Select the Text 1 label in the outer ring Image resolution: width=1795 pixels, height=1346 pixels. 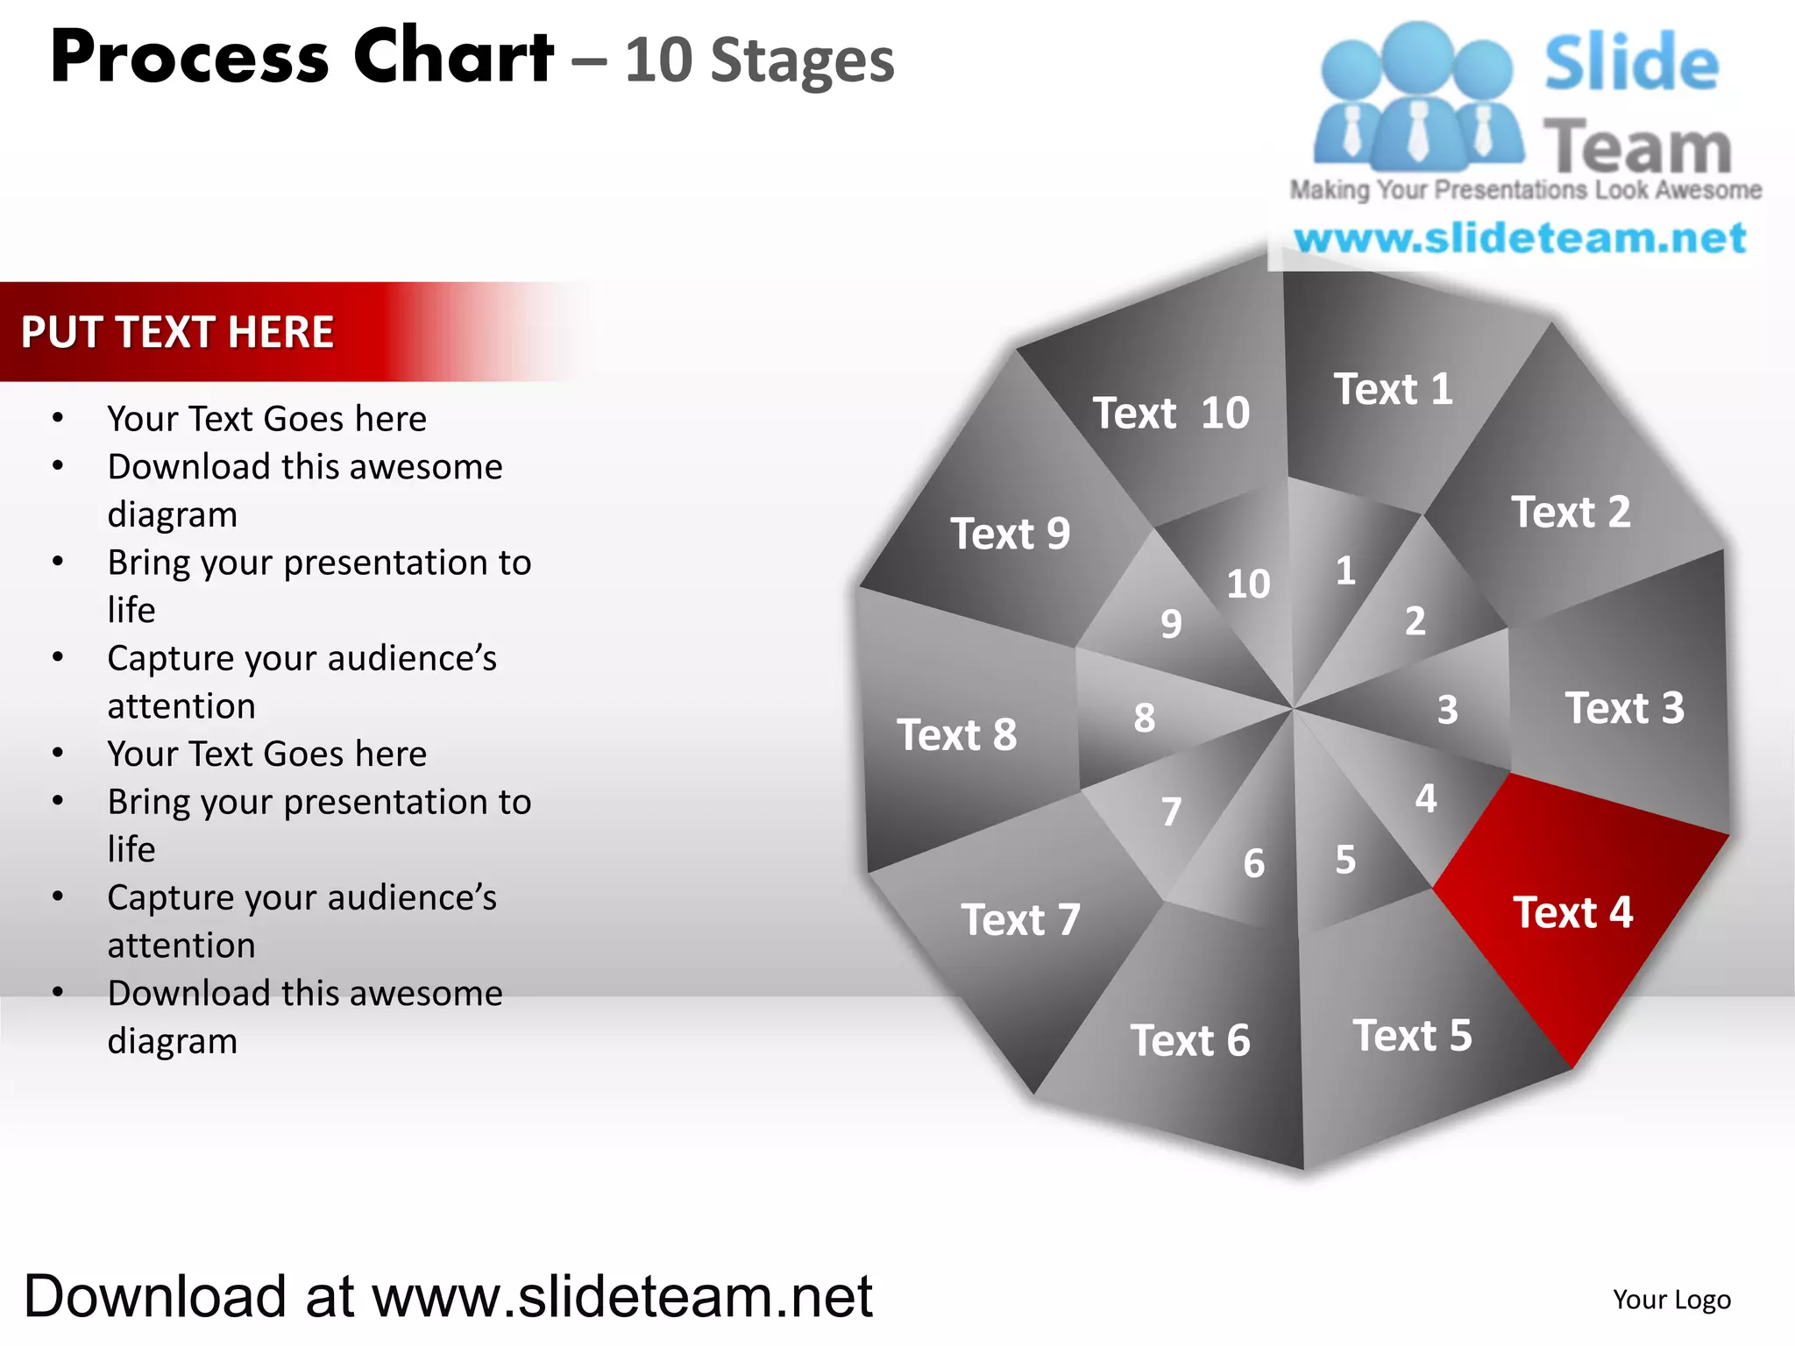(1393, 389)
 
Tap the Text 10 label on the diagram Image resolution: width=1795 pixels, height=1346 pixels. (1171, 413)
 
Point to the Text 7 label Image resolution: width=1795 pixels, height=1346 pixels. (1020, 920)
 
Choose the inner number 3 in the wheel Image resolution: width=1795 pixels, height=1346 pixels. (1447, 710)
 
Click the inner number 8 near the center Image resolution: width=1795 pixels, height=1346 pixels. (1144, 718)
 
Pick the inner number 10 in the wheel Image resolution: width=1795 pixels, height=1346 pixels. (1248, 584)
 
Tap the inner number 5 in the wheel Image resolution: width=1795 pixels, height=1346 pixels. (1345, 860)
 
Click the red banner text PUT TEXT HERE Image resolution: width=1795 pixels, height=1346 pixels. (177, 332)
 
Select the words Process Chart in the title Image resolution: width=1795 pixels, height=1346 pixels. (302, 58)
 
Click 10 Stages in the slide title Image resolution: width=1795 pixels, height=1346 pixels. (759, 61)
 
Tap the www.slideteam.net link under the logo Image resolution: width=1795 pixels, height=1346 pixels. (1520, 238)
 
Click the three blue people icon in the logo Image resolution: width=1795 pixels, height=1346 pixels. (1417, 96)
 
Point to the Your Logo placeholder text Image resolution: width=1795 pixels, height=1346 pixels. (1671, 1300)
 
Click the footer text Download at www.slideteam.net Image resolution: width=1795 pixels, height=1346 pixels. (448, 1296)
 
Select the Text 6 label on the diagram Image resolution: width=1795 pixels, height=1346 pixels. (1189, 1041)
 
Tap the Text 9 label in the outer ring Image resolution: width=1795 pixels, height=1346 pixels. (1010, 534)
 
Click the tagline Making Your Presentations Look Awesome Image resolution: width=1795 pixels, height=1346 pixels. (1525, 190)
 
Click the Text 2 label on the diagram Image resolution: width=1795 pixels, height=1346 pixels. (1571, 513)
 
